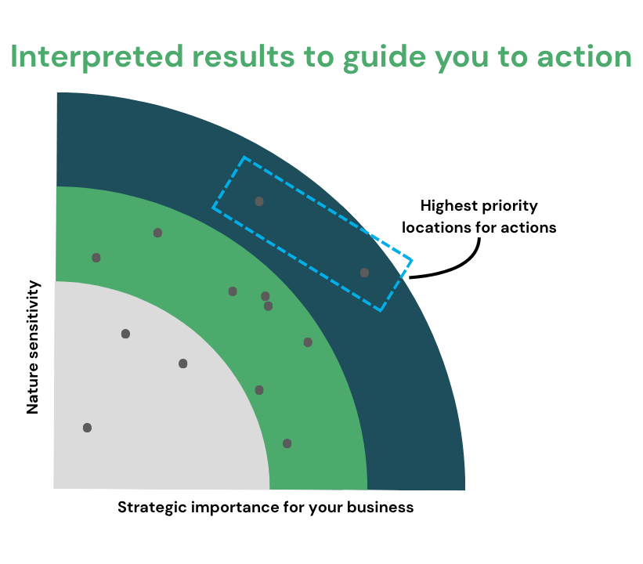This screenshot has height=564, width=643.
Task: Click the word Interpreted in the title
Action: click(x=97, y=56)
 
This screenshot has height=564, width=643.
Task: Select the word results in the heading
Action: click(x=244, y=56)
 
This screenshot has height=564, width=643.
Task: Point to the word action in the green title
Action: click(x=584, y=56)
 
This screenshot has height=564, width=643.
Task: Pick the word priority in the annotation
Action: click(x=510, y=206)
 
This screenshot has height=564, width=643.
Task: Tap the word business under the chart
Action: click(x=380, y=508)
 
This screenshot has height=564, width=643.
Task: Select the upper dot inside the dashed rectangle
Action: click(x=259, y=201)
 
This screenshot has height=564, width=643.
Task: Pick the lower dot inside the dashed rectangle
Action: click(x=364, y=273)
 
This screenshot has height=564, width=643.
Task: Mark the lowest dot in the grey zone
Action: click(x=88, y=428)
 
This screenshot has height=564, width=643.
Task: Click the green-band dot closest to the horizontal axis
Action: click(x=287, y=443)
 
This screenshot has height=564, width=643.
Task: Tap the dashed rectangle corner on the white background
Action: click(x=412, y=260)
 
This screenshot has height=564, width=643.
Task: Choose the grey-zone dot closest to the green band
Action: click(x=183, y=363)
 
